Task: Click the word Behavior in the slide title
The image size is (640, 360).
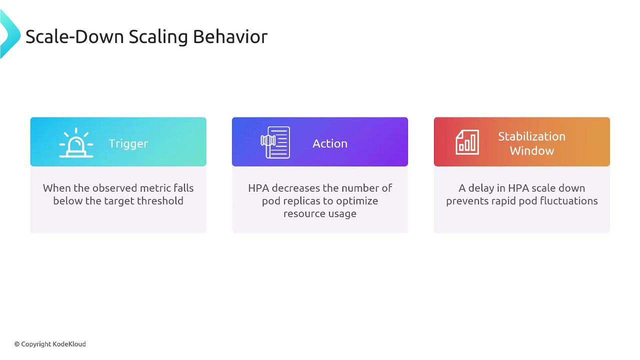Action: point(230,36)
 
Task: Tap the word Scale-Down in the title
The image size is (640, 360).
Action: point(74,36)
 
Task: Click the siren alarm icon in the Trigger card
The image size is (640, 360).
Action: point(76,142)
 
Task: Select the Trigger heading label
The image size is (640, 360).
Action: point(128,143)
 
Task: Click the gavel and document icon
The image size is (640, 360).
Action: point(275,142)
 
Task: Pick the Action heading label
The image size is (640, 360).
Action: point(330,143)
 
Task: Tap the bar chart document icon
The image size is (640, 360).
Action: point(467,142)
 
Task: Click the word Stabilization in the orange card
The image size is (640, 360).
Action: point(531,136)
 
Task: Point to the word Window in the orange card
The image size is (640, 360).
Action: point(532,150)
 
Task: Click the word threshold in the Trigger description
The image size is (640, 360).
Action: point(160,200)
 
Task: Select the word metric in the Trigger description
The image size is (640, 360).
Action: point(155,188)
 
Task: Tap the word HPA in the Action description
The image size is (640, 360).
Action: point(258,188)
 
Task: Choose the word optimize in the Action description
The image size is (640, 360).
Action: point(357,201)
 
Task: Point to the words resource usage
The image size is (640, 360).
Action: point(320,213)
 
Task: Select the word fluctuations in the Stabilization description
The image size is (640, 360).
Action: point(568,200)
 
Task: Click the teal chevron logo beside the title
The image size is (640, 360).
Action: point(10,34)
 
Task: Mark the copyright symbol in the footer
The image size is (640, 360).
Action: point(17,344)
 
